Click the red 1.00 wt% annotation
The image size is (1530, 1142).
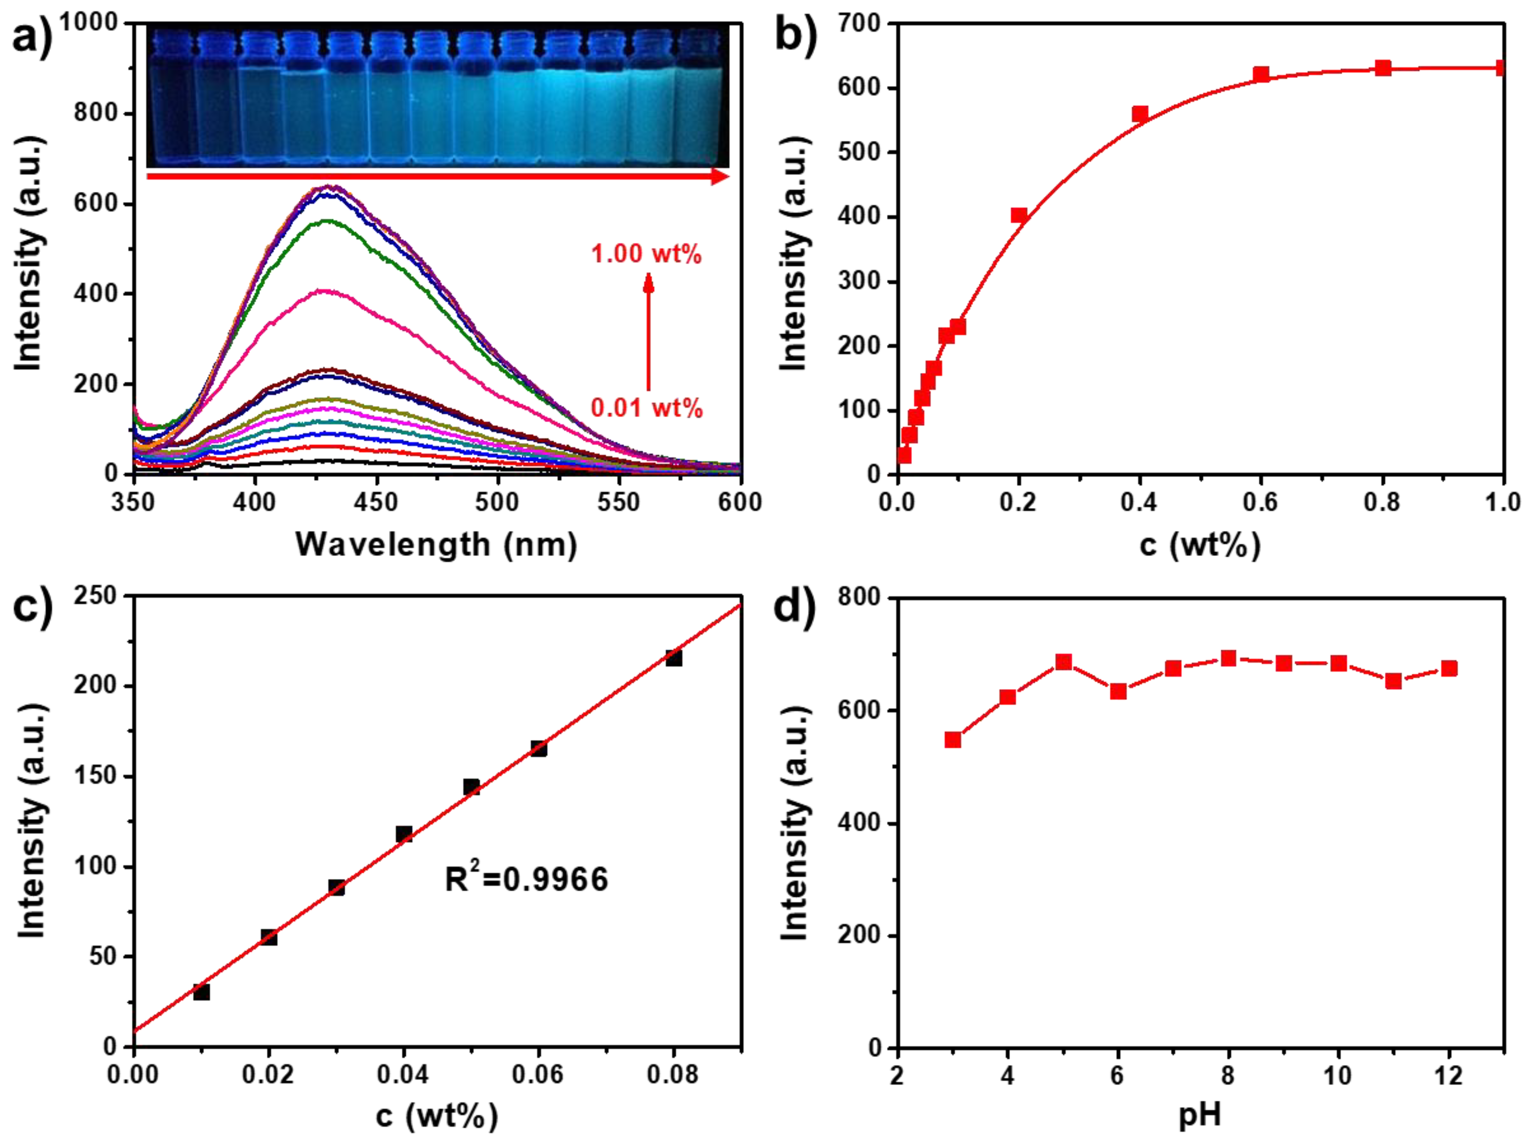pos(646,254)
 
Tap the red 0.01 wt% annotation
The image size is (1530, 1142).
pos(646,408)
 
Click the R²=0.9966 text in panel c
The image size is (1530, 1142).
pos(526,880)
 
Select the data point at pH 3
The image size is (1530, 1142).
pos(953,740)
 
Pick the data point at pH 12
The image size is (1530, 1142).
pos(1449,668)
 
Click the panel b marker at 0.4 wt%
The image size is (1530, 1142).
pos(1140,114)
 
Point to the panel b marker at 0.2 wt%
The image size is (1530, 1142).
pos(1019,215)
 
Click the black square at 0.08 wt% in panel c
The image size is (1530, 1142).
pos(674,658)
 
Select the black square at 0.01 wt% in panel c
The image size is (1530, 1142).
pos(201,992)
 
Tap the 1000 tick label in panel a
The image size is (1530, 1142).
pos(88,23)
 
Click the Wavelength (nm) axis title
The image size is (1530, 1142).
pos(437,545)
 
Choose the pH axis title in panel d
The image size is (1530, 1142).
pos(1200,1115)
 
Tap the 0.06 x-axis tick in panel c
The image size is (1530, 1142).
pos(538,1075)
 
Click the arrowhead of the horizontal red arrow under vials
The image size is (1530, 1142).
pos(720,177)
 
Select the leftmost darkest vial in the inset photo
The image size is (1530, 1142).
pos(170,104)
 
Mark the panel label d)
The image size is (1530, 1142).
pos(795,609)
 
